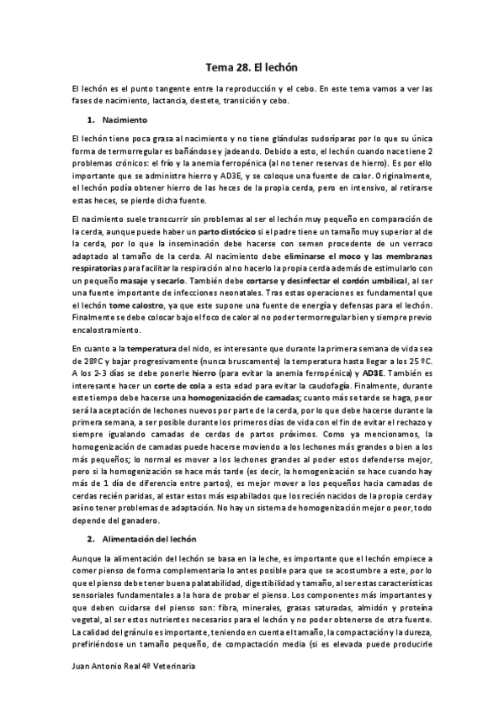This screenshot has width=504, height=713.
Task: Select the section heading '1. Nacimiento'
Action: (x=119, y=119)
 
